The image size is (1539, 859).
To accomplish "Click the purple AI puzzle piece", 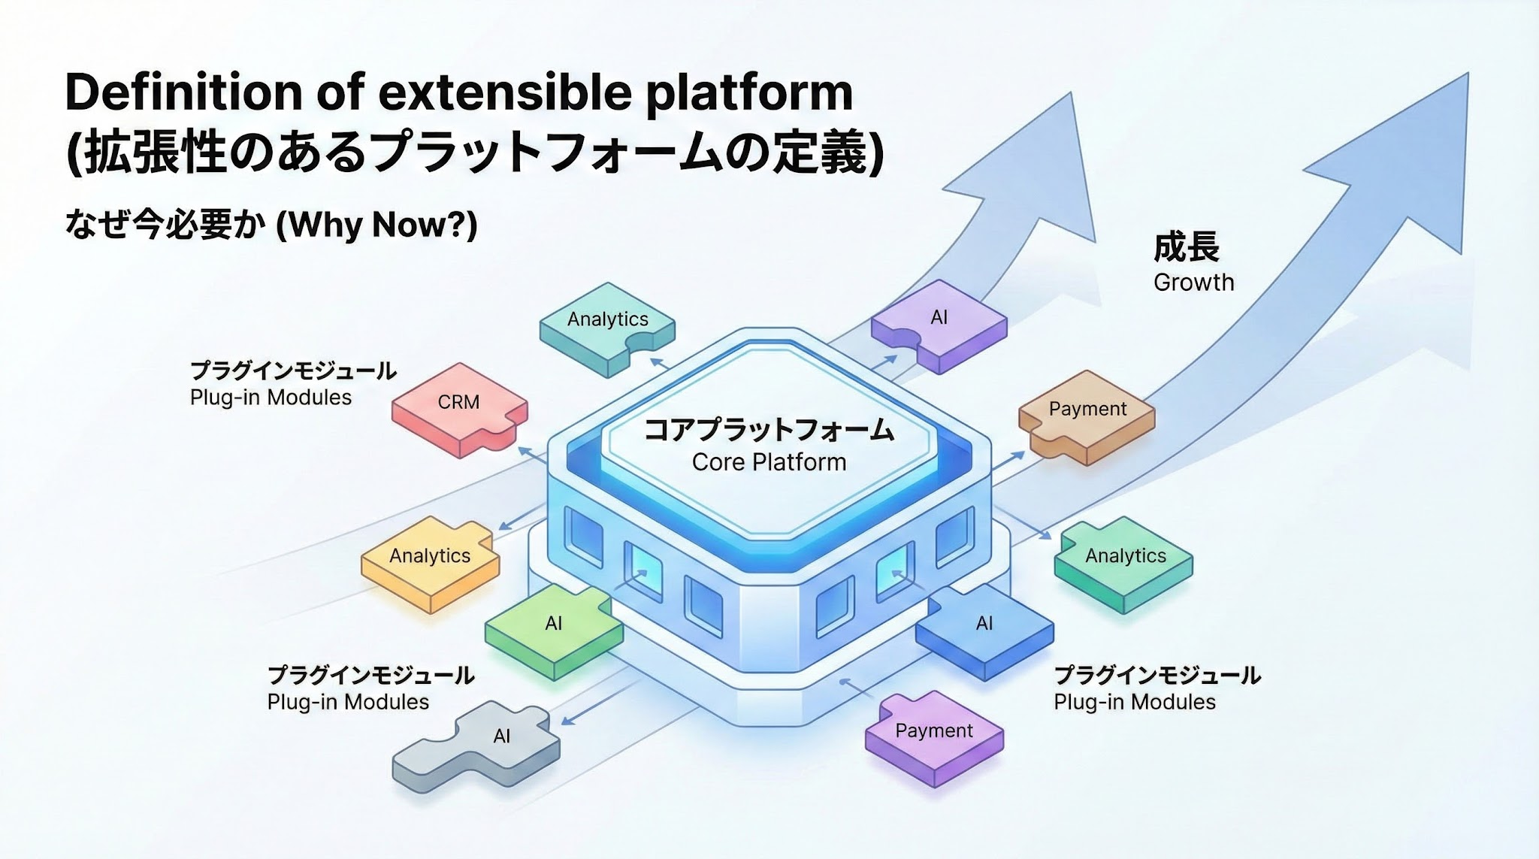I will tap(939, 323).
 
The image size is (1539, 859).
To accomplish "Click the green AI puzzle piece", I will tap(554, 628).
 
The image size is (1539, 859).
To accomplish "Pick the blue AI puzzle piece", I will tap(984, 628).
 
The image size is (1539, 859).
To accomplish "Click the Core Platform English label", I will tap(769, 462).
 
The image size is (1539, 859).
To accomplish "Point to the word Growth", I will tap(1193, 283).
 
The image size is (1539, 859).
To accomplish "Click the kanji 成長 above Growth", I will tap(1186, 247).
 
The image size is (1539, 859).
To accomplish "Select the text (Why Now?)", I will tap(376, 225).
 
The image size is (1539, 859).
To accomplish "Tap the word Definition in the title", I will tap(184, 92).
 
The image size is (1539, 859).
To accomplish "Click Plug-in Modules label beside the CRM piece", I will tap(271, 398).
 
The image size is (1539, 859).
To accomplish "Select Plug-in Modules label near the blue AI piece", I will tap(1134, 702).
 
